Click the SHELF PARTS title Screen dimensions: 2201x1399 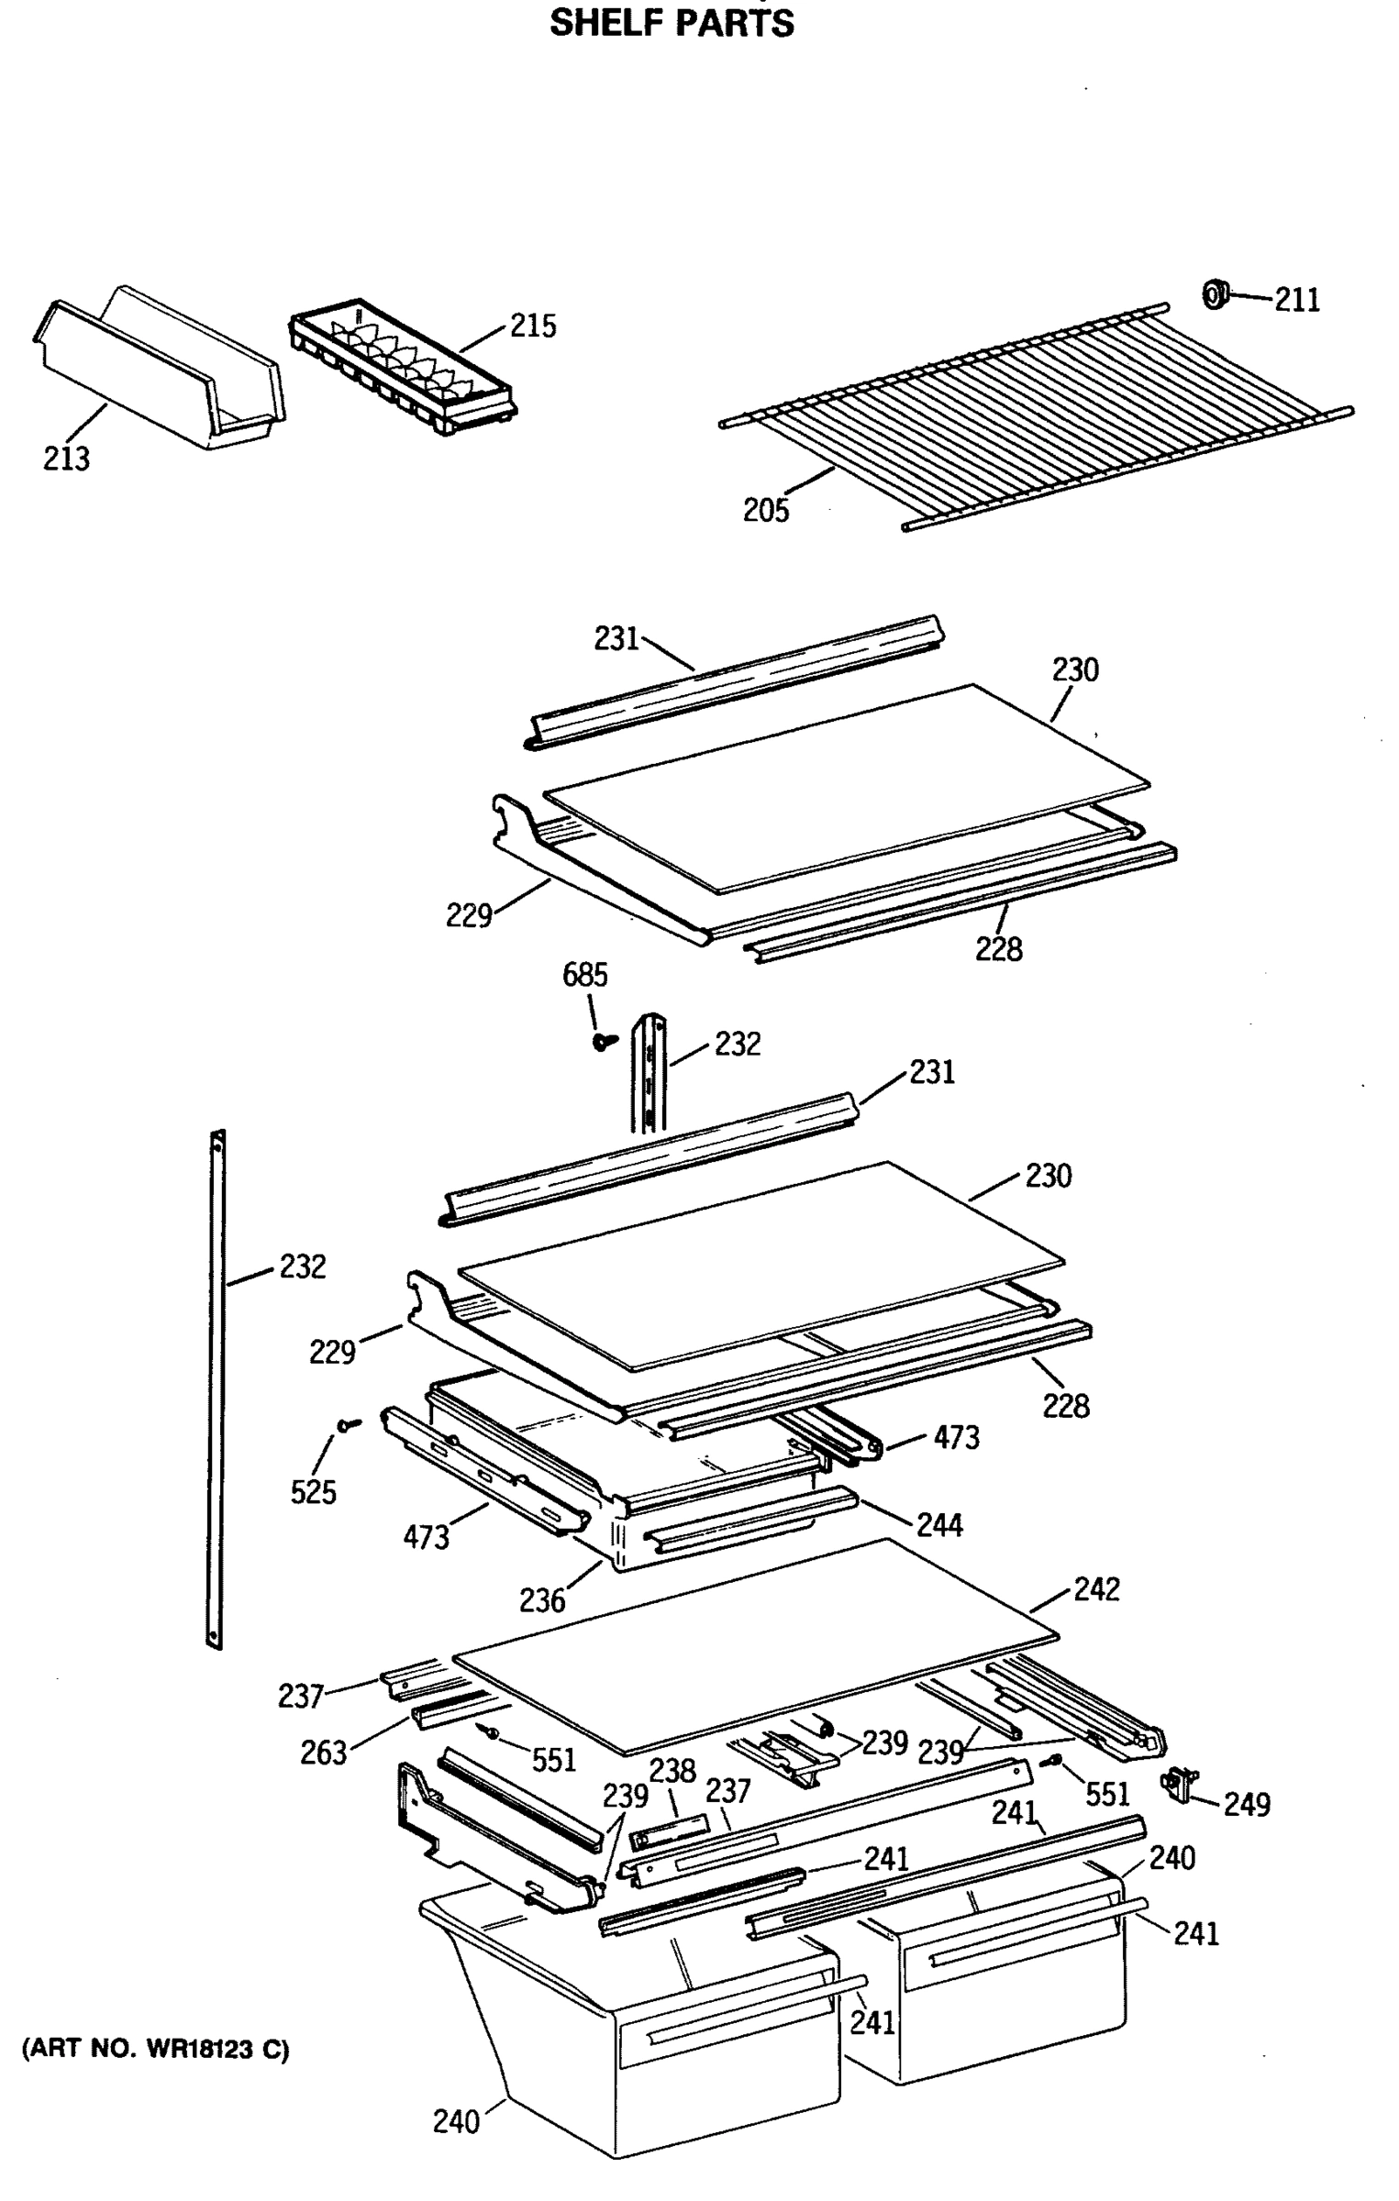(672, 22)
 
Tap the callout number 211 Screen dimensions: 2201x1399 (1296, 300)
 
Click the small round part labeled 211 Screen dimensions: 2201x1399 (1214, 295)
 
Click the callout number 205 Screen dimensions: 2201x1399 (765, 510)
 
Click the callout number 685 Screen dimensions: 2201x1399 (584, 974)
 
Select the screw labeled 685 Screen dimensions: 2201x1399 (603, 1041)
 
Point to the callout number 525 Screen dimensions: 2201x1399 (313, 1492)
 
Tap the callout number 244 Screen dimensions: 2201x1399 (939, 1525)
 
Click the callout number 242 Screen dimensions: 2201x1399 (1096, 1588)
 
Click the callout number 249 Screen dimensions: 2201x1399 (1247, 1804)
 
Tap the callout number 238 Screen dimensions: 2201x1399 (672, 1770)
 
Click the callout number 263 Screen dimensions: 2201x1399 (324, 1753)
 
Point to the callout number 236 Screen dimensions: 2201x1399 (541, 1600)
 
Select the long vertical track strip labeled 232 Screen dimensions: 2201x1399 (217, 1389)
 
